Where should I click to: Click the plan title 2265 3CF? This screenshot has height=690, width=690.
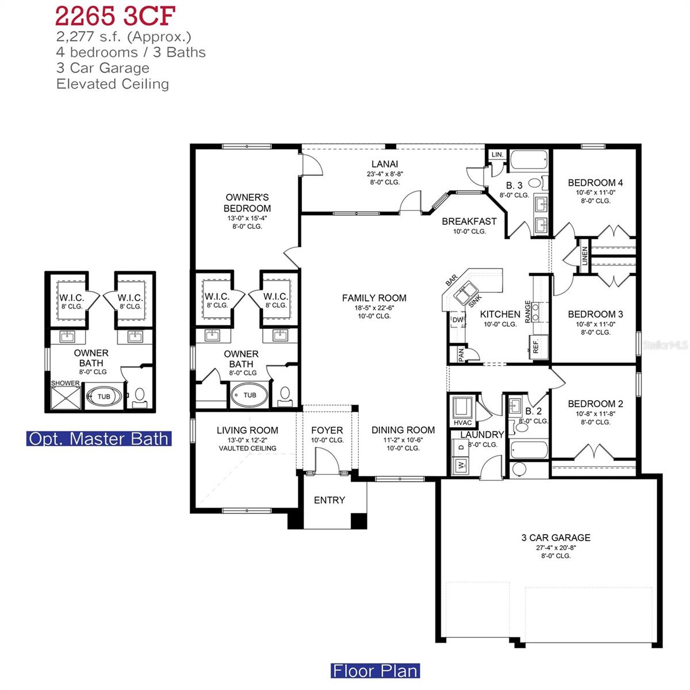click(x=114, y=16)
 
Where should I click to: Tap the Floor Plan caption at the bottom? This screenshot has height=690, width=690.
click(x=375, y=670)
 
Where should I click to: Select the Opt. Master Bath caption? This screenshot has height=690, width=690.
click(x=99, y=439)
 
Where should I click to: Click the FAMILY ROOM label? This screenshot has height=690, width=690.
click(x=374, y=298)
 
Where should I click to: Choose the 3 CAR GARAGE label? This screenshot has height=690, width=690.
click(x=555, y=538)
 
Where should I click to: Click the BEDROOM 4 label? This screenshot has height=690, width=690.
click(x=595, y=183)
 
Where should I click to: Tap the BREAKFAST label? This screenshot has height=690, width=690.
click(x=469, y=221)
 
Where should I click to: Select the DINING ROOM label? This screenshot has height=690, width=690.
click(x=402, y=430)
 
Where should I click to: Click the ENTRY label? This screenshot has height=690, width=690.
click(x=329, y=500)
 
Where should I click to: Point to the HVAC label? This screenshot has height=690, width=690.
click(x=463, y=423)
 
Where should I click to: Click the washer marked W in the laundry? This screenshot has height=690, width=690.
click(x=461, y=466)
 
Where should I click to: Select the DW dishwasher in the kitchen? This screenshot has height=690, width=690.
click(x=458, y=320)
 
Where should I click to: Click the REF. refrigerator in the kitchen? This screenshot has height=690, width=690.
click(x=535, y=347)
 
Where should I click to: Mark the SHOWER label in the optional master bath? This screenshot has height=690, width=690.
click(x=65, y=383)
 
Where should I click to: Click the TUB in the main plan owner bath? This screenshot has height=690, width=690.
click(x=250, y=395)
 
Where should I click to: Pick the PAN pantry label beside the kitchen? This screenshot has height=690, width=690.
click(x=461, y=355)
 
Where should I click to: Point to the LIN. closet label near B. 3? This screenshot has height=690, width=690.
click(x=497, y=155)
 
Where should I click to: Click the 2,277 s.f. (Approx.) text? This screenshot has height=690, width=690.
click(x=124, y=37)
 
